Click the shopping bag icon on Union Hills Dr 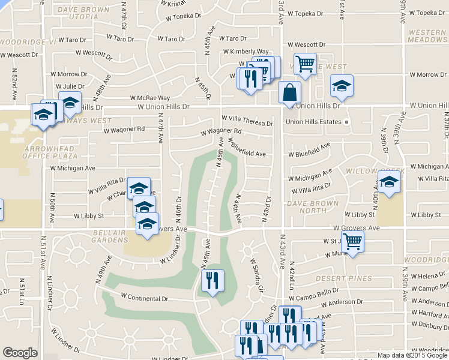(x=289, y=94)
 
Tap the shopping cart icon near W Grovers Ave (x=353, y=242)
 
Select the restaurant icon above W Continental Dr (x=212, y=281)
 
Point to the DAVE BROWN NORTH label (x=306, y=207)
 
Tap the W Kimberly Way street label (x=247, y=52)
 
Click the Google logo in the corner (x=20, y=353)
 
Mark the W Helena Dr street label (x=429, y=275)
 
